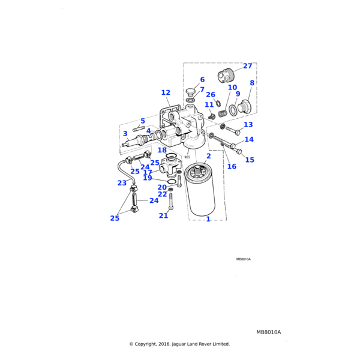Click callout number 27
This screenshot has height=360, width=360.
click(x=248, y=66)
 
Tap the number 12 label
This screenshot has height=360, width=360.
click(x=166, y=93)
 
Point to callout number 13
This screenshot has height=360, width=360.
click(x=248, y=125)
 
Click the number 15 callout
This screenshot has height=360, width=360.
click(x=250, y=160)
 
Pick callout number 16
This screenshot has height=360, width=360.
click(x=232, y=166)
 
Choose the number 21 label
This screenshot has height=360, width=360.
click(x=163, y=215)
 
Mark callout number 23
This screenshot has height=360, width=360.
click(x=122, y=183)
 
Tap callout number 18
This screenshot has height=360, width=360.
click(x=162, y=150)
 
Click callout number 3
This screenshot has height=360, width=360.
click(x=125, y=134)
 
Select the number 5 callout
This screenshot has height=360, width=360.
click(x=143, y=121)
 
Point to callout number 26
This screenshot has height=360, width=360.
click(x=211, y=95)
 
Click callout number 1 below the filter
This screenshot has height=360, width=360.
click(x=208, y=219)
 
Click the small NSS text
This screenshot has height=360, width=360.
click(x=187, y=157)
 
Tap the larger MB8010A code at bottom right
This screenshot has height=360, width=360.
click(x=268, y=332)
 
